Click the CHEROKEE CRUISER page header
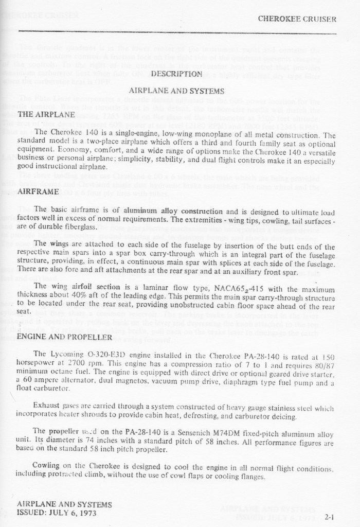pos(297,20)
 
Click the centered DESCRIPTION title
pos(176,74)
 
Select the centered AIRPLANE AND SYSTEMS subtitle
pos(176,91)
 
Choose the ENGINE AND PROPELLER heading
pos(64,337)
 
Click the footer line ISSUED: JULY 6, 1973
pos(57,512)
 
